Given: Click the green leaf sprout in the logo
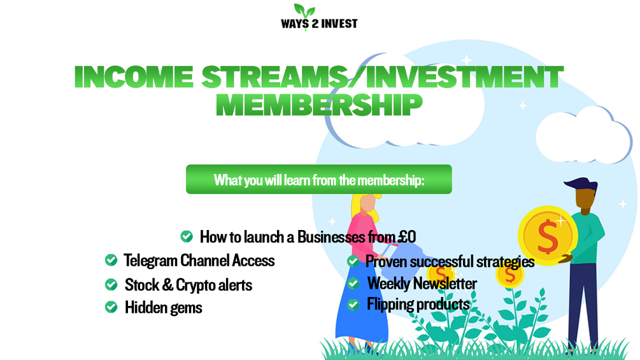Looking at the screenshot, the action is point(304,11).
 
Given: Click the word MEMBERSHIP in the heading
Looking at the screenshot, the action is point(319,105).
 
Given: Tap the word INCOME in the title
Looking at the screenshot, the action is point(134,76).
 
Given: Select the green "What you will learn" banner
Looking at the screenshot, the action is point(319,179).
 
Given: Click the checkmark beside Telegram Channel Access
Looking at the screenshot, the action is point(111,260).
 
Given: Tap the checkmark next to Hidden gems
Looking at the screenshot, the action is point(111,307).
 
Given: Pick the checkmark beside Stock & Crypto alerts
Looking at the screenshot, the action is point(111,284).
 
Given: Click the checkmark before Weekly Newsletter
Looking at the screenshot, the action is point(353,284).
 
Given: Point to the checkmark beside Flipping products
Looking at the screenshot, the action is point(353,304).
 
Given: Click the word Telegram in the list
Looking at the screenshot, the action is point(150,261).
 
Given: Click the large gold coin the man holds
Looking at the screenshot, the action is point(548,236).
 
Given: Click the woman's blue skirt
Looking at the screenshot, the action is point(362,302).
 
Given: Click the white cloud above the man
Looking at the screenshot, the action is point(584,134).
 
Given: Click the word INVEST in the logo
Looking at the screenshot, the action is point(339,24).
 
